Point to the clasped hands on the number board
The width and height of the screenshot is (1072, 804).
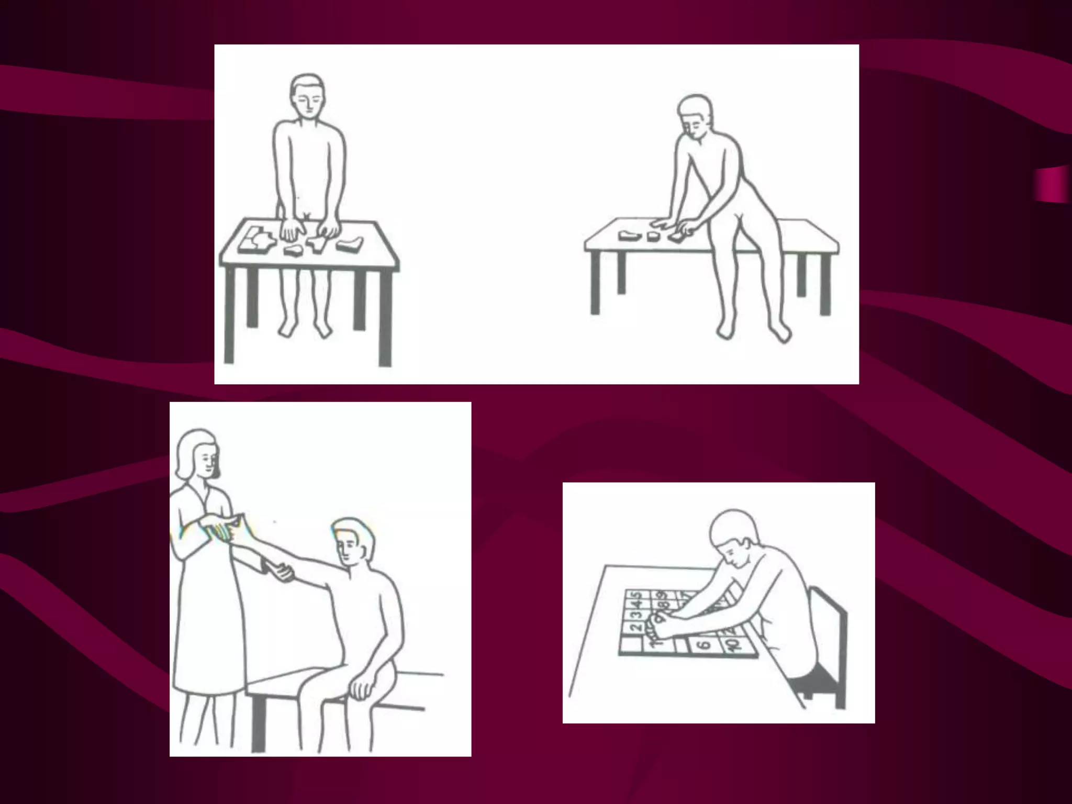click(661, 626)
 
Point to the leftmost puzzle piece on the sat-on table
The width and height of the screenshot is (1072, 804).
click(630, 235)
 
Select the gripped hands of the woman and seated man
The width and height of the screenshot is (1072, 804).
click(280, 572)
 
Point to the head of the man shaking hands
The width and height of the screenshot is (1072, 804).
click(352, 542)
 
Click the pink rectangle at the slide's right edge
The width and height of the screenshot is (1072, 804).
click(1051, 183)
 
